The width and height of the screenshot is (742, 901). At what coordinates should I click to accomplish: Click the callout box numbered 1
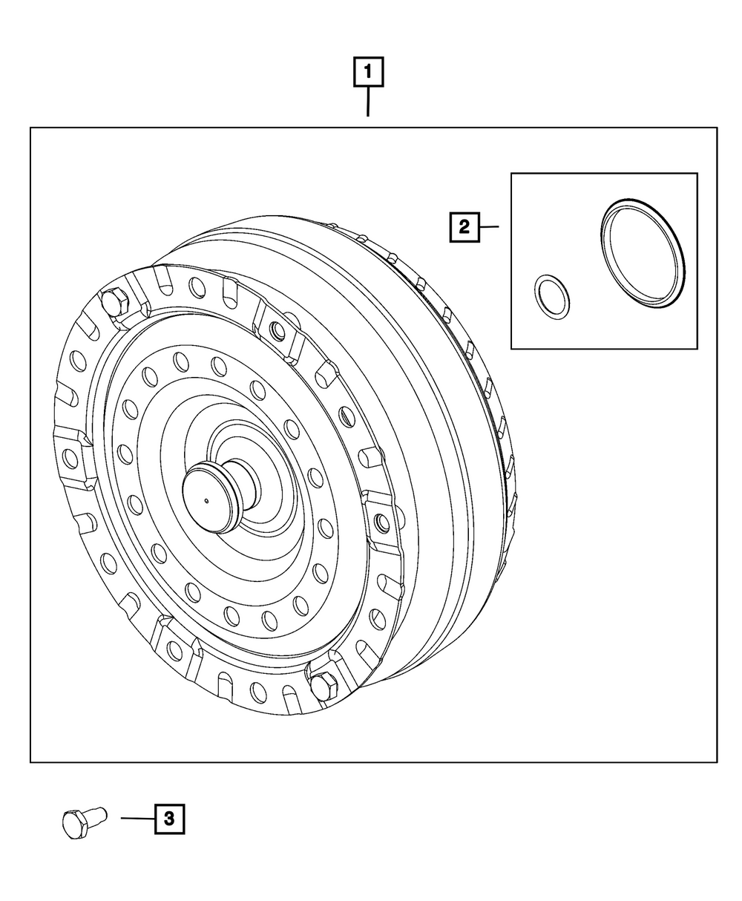[368, 72]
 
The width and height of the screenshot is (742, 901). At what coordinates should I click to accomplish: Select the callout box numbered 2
[464, 227]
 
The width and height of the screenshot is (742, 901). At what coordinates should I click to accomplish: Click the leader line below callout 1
[368, 102]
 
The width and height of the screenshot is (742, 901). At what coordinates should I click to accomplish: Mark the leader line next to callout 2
[490, 226]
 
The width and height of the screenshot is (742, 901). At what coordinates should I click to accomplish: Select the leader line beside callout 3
[137, 818]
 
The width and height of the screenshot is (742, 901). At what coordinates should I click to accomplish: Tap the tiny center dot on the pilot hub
[206, 501]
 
